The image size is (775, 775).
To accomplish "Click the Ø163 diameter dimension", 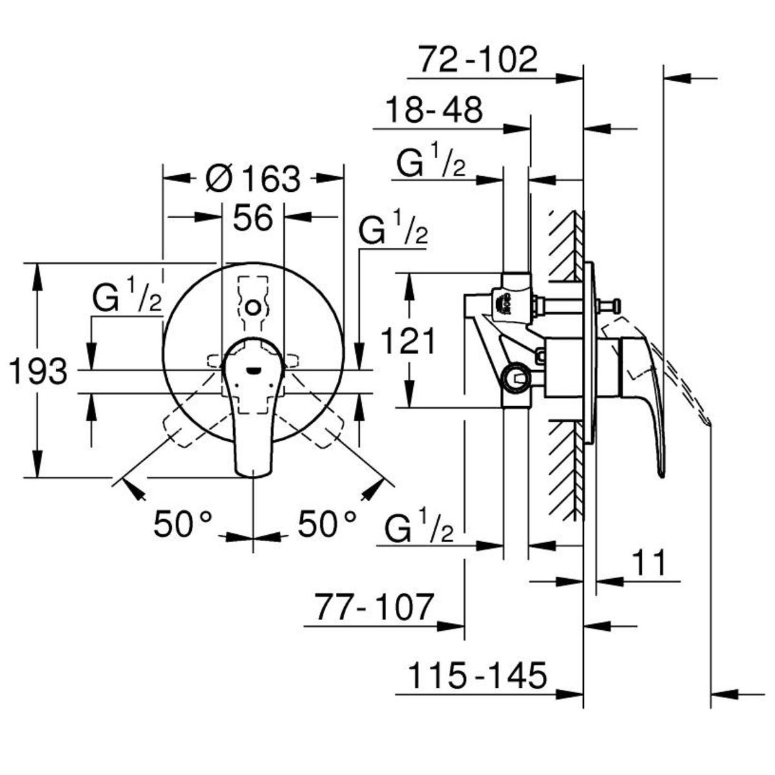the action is coord(253,179).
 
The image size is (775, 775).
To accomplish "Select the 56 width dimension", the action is coord(253,218).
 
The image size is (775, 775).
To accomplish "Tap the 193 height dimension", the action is coord(38,371).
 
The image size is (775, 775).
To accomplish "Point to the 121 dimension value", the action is coord(408,340).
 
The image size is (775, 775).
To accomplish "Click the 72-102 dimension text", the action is coord(478,59).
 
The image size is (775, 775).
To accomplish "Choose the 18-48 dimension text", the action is coord(434,110).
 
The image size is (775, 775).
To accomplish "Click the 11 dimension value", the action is coord(650,563).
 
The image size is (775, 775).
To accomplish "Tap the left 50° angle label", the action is coord(183,524).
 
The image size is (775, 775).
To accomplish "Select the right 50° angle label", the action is coord(327,524).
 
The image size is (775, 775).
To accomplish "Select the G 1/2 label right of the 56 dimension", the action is coord(393,229).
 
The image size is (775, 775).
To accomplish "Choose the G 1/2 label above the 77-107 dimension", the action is coord(419,526).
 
